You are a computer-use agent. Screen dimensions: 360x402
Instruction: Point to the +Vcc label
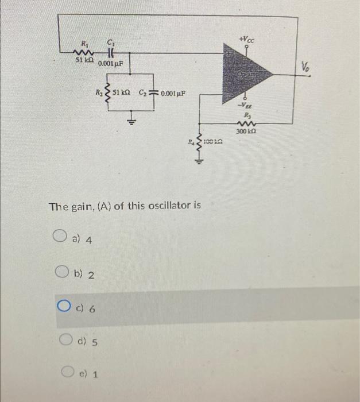tap(247, 39)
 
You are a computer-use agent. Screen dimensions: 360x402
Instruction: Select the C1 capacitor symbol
tap(109, 51)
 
